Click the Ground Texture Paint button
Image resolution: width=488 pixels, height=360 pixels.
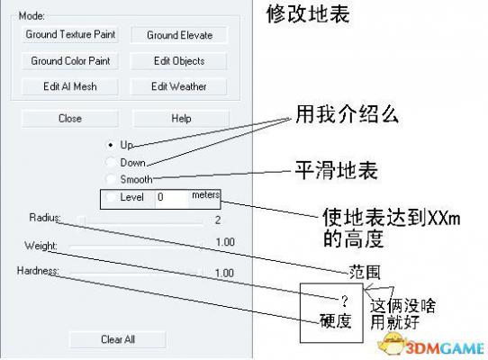(x=70, y=34)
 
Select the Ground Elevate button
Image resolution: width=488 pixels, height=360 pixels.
(x=179, y=35)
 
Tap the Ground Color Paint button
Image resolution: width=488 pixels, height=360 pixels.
(x=70, y=60)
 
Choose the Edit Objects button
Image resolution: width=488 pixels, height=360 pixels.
(x=178, y=61)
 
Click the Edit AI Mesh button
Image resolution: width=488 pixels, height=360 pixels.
(x=70, y=86)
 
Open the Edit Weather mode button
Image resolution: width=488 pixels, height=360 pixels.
(x=178, y=86)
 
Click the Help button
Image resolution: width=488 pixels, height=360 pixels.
(x=181, y=118)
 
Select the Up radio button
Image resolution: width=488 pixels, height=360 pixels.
(x=111, y=145)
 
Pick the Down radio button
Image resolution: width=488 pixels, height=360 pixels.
(x=111, y=162)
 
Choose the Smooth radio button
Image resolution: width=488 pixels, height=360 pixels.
(x=111, y=179)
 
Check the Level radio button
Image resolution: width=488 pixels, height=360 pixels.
(x=111, y=197)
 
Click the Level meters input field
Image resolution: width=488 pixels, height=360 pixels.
(x=171, y=197)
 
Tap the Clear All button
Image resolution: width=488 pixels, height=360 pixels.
(x=118, y=339)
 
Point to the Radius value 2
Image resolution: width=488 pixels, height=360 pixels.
(x=218, y=220)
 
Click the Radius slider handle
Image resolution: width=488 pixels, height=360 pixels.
(x=81, y=220)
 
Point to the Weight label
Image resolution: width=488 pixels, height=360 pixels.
(x=41, y=246)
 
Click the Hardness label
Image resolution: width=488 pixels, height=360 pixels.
(x=38, y=271)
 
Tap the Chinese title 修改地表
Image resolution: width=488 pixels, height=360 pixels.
(x=308, y=14)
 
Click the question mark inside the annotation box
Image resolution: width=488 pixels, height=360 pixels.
(x=344, y=301)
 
